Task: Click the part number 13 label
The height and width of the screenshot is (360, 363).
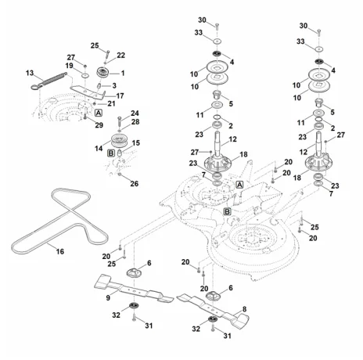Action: (x=30, y=73)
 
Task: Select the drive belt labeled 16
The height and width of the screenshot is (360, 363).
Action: (x=59, y=221)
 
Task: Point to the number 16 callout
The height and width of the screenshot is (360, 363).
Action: (x=60, y=251)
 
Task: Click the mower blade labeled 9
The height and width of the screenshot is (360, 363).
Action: (x=134, y=289)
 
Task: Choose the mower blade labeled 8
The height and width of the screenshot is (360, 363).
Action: (x=213, y=309)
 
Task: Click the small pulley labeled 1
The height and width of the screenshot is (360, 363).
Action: (x=102, y=72)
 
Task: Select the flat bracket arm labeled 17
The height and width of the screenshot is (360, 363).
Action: (x=88, y=92)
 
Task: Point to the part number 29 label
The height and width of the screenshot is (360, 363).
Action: (x=99, y=125)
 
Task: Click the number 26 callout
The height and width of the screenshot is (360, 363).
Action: (x=135, y=184)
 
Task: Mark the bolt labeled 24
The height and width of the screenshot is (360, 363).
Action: (x=120, y=122)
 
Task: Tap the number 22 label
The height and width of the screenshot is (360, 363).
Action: (x=121, y=56)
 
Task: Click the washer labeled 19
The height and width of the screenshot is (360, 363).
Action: (x=84, y=76)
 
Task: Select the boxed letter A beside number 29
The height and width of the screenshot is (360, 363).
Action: (x=98, y=113)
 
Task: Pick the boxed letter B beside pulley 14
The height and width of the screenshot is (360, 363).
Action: (x=111, y=153)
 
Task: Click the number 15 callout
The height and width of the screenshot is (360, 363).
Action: (x=136, y=143)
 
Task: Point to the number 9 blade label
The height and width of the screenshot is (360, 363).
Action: (x=108, y=297)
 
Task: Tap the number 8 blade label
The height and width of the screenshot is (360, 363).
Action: (x=244, y=309)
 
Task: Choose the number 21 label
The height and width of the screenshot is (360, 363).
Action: (x=111, y=103)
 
